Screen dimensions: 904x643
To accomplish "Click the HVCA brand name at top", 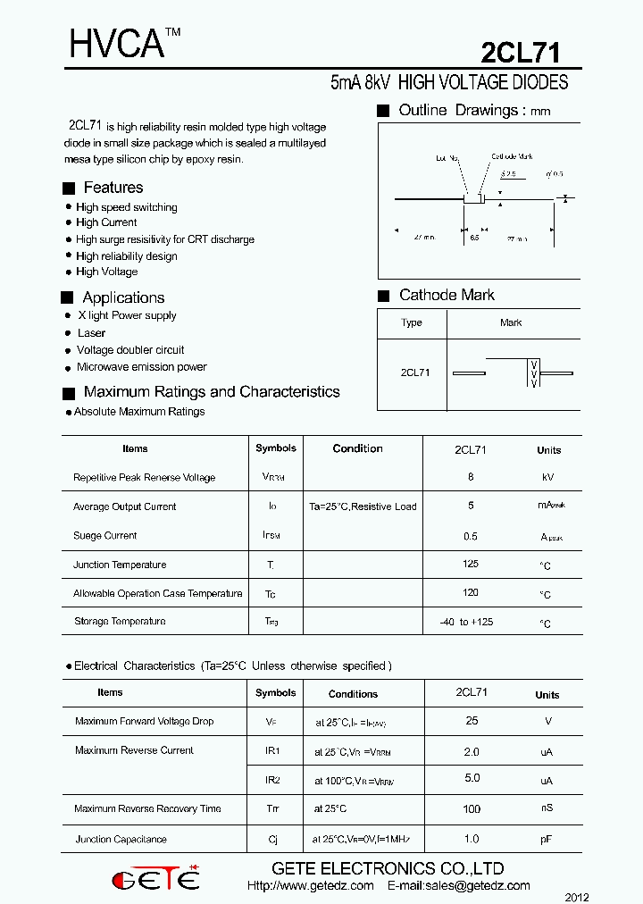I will click(117, 45).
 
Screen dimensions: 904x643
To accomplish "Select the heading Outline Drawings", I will click(459, 111).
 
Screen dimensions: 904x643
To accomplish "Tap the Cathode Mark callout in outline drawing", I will click(512, 156).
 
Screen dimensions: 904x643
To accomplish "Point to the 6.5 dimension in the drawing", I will click(474, 239).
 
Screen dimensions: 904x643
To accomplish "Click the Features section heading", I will click(113, 188).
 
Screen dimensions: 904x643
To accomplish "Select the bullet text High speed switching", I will click(126, 207).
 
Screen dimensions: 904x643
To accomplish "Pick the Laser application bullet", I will click(91, 333).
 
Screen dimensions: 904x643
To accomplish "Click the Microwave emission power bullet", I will click(141, 367).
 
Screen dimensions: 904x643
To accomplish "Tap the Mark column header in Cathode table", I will click(511, 322).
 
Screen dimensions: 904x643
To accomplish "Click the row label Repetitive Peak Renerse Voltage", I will click(144, 478).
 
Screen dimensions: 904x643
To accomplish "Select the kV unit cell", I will click(548, 478).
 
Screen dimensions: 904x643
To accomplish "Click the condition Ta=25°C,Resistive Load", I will click(363, 506).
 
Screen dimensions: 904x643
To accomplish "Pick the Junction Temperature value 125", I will click(471, 564).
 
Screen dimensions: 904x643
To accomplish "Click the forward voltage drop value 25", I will click(472, 721).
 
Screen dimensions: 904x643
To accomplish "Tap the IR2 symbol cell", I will click(272, 780).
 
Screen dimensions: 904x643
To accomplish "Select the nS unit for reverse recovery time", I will click(547, 808).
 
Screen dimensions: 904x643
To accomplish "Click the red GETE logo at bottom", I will click(155, 879).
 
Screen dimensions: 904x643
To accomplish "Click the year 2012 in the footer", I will click(577, 896).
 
